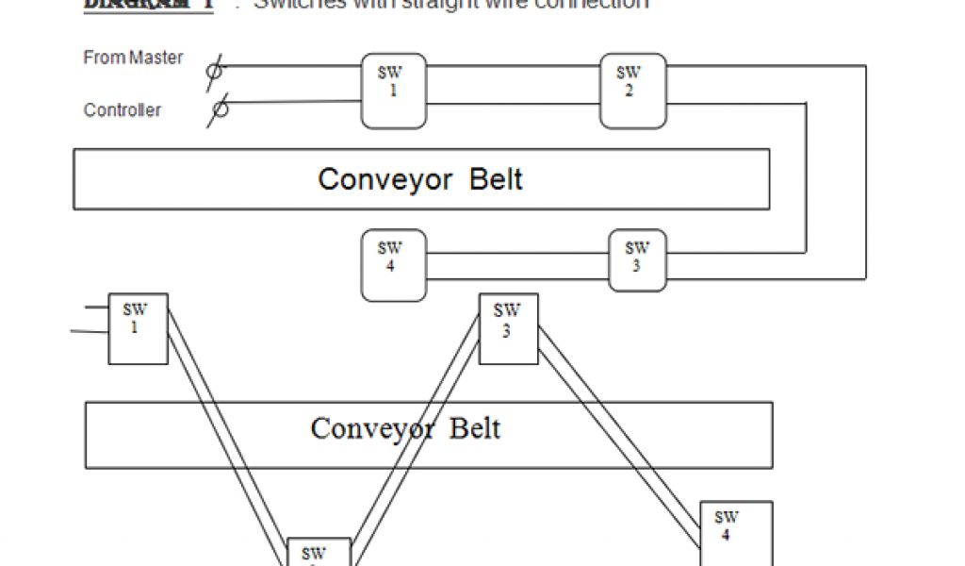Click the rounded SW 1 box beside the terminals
click(x=393, y=91)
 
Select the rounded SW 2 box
click(x=632, y=91)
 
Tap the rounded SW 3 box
click(x=637, y=259)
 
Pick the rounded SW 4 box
click(x=393, y=265)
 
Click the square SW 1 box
click(x=138, y=328)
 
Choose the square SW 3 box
click(x=508, y=328)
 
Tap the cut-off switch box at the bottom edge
click(x=319, y=552)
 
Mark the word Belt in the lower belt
click(x=474, y=429)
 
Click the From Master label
click(x=133, y=58)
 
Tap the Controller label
click(x=123, y=110)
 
